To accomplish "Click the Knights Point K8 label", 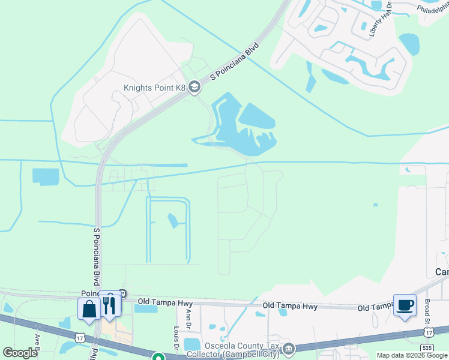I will pyautogui.click(x=155, y=88).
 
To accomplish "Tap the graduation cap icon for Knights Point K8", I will pyautogui.click(x=194, y=88).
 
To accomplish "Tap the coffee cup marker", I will pyautogui.click(x=404, y=305).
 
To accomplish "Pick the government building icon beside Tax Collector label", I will pyautogui.click(x=289, y=349).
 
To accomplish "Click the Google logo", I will pyautogui.click(x=20, y=353).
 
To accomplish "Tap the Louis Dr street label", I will pyautogui.click(x=176, y=338).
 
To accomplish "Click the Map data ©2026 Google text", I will pyautogui.click(x=412, y=355).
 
